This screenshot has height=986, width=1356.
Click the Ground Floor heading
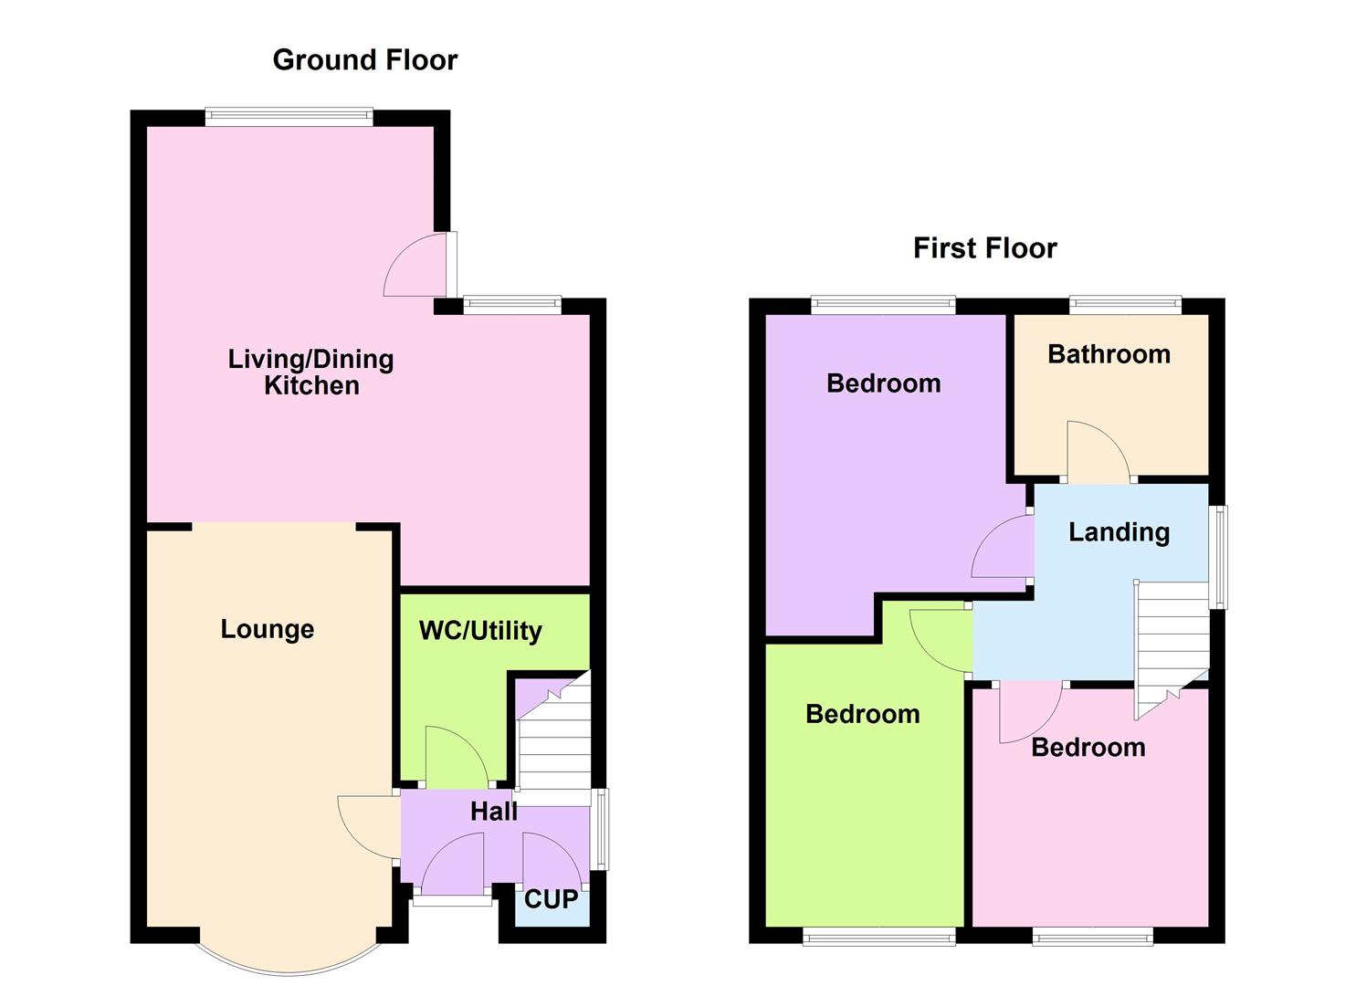(x=364, y=60)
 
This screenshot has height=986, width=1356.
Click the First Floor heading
(x=984, y=248)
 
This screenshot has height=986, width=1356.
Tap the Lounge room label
(x=268, y=629)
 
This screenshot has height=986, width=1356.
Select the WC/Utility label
(x=480, y=631)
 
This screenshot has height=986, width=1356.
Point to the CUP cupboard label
(x=551, y=899)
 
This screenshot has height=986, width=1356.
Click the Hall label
(x=493, y=811)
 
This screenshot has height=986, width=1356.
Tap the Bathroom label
(x=1109, y=354)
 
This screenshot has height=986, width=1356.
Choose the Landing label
(x=1119, y=531)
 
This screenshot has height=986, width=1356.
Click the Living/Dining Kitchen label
(x=311, y=372)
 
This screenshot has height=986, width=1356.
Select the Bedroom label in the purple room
(x=883, y=383)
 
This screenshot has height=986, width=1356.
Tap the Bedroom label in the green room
(x=862, y=714)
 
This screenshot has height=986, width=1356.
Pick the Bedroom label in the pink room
(x=1088, y=748)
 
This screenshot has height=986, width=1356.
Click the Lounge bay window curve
(x=288, y=966)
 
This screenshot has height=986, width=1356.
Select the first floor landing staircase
(x=1172, y=644)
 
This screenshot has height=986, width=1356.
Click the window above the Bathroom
(x=1125, y=305)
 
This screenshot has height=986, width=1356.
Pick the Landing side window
(x=1219, y=557)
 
